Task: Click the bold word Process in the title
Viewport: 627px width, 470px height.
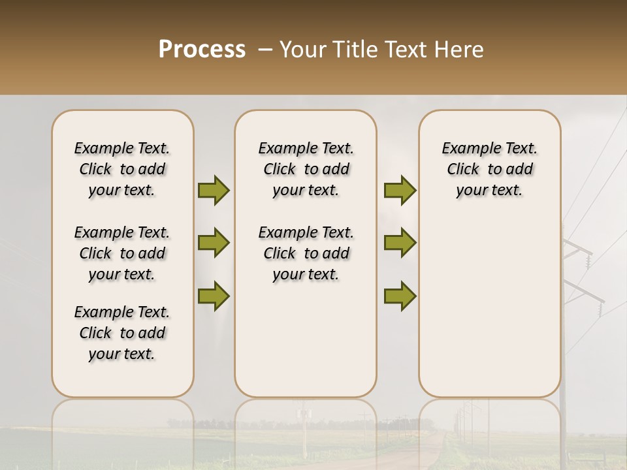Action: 202,50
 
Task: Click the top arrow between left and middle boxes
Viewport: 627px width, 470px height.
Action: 214,191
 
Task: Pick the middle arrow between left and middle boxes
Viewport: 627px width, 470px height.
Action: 214,243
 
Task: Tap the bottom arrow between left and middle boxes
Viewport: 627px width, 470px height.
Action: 214,296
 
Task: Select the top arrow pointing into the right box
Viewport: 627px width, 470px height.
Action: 400,191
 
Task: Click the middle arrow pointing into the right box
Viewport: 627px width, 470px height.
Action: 400,243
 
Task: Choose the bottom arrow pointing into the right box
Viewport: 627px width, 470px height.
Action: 400,296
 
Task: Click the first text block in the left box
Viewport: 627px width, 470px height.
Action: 122,169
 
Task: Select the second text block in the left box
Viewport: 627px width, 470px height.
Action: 122,253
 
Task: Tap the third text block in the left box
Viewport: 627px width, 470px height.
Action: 122,333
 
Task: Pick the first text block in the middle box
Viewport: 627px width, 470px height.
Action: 306,169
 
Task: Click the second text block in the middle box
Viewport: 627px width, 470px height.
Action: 306,253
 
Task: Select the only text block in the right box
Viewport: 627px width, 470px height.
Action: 489,169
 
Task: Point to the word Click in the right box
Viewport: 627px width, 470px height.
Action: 463,170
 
